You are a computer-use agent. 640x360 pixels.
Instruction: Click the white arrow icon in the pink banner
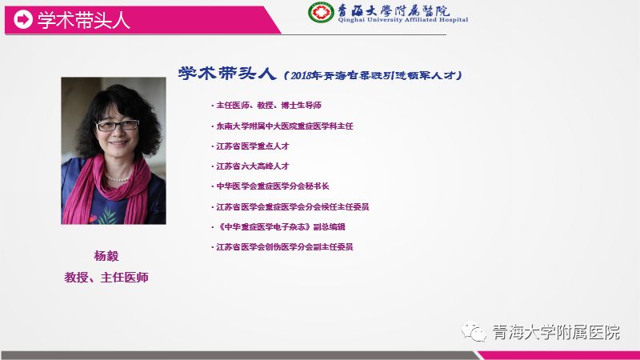coord(23,19)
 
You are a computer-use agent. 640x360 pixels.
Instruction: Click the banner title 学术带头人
coord(84,20)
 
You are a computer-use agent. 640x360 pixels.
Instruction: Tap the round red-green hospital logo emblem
coord(321,12)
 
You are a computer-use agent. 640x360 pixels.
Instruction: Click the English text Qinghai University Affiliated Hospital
coord(403,20)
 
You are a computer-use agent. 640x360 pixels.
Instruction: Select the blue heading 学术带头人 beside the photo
coord(227,74)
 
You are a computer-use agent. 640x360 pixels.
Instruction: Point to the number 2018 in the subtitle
coord(301,75)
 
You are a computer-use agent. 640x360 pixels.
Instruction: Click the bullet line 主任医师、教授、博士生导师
coord(266,106)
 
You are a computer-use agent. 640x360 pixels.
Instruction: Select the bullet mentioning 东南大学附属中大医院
coord(282,126)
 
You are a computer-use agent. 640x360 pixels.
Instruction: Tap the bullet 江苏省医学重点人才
coord(250,146)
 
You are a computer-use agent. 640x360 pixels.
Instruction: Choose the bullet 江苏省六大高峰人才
coord(250,166)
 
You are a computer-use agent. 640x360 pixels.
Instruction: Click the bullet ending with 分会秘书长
coord(270,186)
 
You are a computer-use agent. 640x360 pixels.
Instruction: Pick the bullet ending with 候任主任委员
coord(290,207)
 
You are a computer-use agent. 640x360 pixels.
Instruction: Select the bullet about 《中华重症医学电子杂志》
coord(278,227)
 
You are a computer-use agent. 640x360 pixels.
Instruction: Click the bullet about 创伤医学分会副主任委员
coord(282,247)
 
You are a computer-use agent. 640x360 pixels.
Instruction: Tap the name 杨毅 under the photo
coord(106,256)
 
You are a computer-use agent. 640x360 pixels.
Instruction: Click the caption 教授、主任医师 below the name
coord(106,278)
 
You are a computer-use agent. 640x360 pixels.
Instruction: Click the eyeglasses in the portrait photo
coord(117,125)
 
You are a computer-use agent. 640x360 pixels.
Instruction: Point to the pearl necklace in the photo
coord(117,178)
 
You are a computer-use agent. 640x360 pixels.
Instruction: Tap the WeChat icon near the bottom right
coord(474,332)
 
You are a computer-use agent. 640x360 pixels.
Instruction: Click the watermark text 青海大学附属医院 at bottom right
coord(556,332)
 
